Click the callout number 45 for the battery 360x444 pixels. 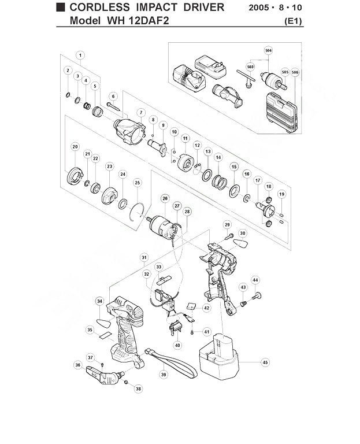tap(265, 362)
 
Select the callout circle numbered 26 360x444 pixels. tap(165, 198)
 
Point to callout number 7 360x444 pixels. tap(141, 113)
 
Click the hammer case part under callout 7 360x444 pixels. tap(129, 131)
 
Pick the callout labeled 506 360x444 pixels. tap(295, 72)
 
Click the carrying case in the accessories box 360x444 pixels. tap(281, 112)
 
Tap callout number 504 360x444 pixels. tap(268, 51)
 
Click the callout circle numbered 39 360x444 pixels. tap(164, 375)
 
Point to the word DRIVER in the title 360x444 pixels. tap(204, 7)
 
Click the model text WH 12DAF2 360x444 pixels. tap(138, 20)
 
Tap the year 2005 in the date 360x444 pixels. tap(259, 8)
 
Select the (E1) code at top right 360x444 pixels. tap(293, 21)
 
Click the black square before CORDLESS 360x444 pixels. tap(61, 7)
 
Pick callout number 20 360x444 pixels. tap(75, 147)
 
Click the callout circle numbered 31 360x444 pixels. tap(144, 257)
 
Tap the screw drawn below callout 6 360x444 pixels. tap(114, 106)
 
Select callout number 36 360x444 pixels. tap(78, 365)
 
